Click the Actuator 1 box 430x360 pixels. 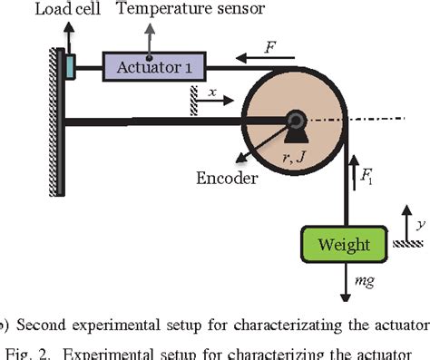click(x=154, y=65)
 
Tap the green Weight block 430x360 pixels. click(x=344, y=244)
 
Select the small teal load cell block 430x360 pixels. click(x=70, y=65)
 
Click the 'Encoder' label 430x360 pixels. click(x=226, y=178)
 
